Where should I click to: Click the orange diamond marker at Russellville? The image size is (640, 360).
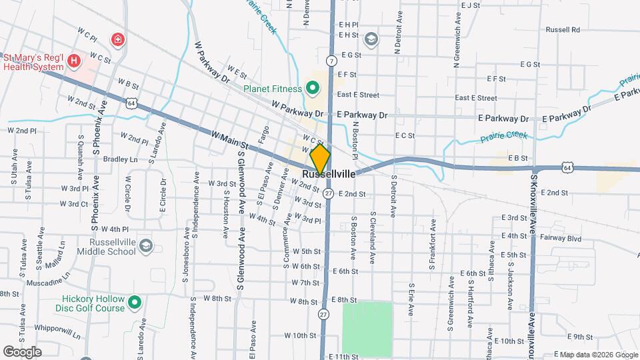click(320, 159)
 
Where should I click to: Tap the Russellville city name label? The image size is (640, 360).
click(328, 174)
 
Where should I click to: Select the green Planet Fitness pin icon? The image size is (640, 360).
click(311, 88)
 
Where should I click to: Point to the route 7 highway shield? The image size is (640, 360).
click(331, 61)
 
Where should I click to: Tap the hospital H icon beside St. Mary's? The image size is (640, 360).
click(74, 61)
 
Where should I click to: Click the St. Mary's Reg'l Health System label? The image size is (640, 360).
click(33, 61)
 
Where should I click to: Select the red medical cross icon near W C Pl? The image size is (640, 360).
click(118, 40)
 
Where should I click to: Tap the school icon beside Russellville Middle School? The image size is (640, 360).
click(146, 247)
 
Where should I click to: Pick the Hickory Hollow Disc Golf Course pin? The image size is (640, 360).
click(135, 304)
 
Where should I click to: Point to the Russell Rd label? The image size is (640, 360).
click(563, 30)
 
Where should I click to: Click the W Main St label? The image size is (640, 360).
click(229, 140)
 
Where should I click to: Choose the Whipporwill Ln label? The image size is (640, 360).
click(57, 329)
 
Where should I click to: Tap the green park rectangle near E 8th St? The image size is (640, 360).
click(367, 327)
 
